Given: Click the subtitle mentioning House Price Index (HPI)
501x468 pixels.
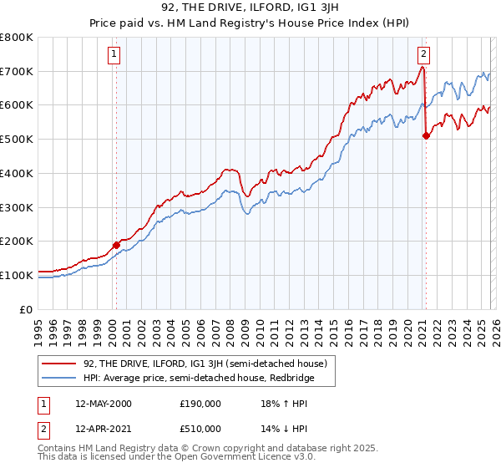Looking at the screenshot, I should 250,25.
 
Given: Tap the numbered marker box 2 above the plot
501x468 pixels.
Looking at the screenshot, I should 424,55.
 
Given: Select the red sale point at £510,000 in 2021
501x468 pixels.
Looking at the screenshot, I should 425,135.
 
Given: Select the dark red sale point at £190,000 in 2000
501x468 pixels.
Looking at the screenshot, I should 116,245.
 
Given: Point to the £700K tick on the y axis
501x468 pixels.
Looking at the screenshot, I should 17,72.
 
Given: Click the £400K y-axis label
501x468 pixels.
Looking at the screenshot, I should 17,174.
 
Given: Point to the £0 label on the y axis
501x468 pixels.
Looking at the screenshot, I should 27,309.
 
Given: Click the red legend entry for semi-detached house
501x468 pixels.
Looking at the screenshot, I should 200,364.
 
